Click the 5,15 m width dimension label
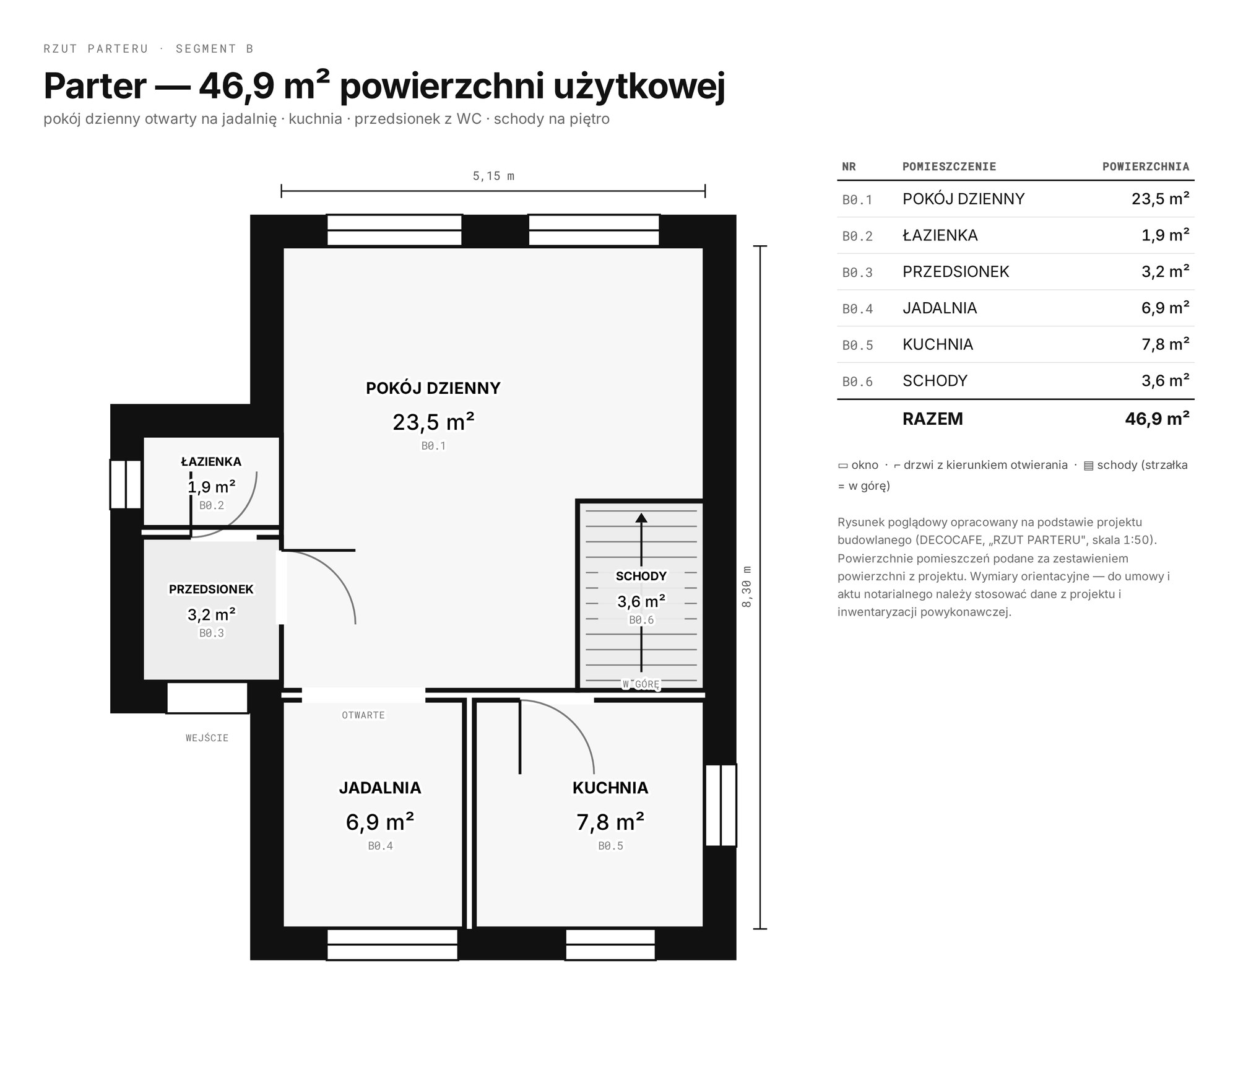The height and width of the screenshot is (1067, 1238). pyautogui.click(x=493, y=176)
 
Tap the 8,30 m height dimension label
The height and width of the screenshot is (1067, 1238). pyautogui.click(x=747, y=586)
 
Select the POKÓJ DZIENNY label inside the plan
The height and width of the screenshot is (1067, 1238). pyautogui.click(x=433, y=388)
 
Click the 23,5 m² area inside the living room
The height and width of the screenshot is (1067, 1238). pyautogui.click(x=433, y=422)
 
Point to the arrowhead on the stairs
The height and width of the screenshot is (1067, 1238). pyautogui.click(x=641, y=518)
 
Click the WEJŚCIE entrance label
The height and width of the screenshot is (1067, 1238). pyautogui.click(x=207, y=738)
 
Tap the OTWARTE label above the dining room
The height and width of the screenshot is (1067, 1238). pyautogui.click(x=363, y=715)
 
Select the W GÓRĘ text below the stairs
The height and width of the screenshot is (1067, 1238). pyautogui.click(x=641, y=684)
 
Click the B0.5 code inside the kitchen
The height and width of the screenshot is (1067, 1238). pyautogui.click(x=610, y=845)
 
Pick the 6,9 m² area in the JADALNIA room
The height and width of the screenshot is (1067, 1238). pyautogui.click(x=380, y=822)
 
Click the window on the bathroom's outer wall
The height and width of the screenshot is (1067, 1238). pyautogui.click(x=126, y=484)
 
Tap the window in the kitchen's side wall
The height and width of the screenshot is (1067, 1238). pyautogui.click(x=721, y=805)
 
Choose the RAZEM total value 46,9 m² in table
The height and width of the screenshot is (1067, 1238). pyautogui.click(x=1157, y=419)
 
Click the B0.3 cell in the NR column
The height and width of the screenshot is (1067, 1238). pyautogui.click(x=857, y=272)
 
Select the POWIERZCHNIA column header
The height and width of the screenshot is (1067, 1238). pyautogui.click(x=1146, y=167)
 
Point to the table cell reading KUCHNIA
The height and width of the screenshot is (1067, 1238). pyautogui.click(x=938, y=344)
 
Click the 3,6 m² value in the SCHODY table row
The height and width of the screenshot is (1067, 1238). pyautogui.click(x=1166, y=380)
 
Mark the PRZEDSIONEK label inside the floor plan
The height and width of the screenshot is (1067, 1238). pyautogui.click(x=211, y=589)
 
